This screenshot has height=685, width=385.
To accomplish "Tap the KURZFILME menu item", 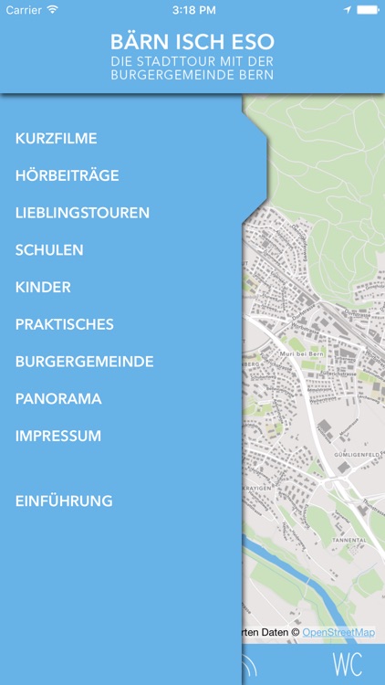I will click(x=57, y=139).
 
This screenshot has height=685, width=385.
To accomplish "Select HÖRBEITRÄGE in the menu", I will click(x=68, y=175).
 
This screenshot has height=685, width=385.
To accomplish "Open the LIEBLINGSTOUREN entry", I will click(x=82, y=213).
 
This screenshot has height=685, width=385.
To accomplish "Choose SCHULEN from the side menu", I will click(x=49, y=250).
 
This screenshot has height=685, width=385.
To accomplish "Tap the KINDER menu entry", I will click(x=43, y=288).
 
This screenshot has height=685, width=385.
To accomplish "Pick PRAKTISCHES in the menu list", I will click(x=65, y=324).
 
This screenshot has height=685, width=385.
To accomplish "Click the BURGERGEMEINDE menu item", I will click(x=84, y=362).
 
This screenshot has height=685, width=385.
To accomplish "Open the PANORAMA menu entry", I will click(x=58, y=399).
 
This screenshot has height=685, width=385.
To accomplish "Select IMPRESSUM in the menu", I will click(x=58, y=436).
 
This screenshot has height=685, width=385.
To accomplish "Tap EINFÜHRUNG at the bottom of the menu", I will click(x=64, y=501).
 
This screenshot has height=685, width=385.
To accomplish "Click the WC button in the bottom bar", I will click(x=348, y=665).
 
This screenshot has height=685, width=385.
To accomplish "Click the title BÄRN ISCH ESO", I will click(x=192, y=43).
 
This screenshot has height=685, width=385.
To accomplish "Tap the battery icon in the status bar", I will click(x=368, y=9).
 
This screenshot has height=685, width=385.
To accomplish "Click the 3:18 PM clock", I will click(x=192, y=9).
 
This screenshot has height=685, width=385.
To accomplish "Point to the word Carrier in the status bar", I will click(x=25, y=9).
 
